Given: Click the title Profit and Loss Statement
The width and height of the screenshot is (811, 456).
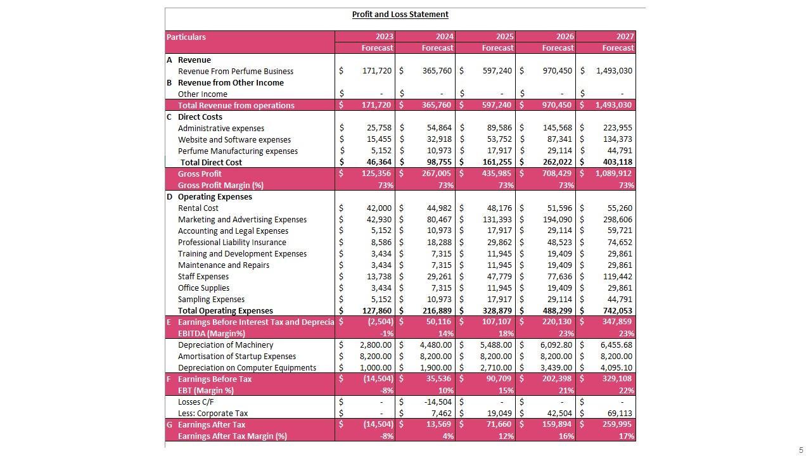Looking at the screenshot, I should click(x=400, y=14).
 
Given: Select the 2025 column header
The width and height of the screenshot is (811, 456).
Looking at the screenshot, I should click(x=504, y=37).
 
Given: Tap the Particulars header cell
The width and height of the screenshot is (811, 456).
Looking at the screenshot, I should click(x=186, y=37).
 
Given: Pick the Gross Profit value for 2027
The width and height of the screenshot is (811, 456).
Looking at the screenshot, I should click(x=613, y=174).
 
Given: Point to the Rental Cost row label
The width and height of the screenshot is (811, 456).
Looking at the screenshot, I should click(x=198, y=208).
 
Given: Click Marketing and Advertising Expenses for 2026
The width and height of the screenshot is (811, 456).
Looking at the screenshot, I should click(x=558, y=219).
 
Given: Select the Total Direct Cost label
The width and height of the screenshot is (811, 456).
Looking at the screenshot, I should click(x=211, y=162).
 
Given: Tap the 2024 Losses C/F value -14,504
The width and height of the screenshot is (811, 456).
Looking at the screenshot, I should click(x=438, y=402).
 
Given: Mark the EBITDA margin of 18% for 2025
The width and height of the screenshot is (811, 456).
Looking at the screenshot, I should click(x=506, y=333).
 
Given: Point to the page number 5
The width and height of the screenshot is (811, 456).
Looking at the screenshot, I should click(x=801, y=450).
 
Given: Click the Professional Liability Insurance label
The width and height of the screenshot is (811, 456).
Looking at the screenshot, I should click(x=232, y=242).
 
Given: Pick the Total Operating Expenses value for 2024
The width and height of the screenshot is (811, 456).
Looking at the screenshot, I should click(x=437, y=310).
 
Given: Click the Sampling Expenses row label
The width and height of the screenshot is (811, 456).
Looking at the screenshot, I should click(x=211, y=299).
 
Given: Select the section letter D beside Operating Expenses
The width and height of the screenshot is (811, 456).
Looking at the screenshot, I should click(x=169, y=196).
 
